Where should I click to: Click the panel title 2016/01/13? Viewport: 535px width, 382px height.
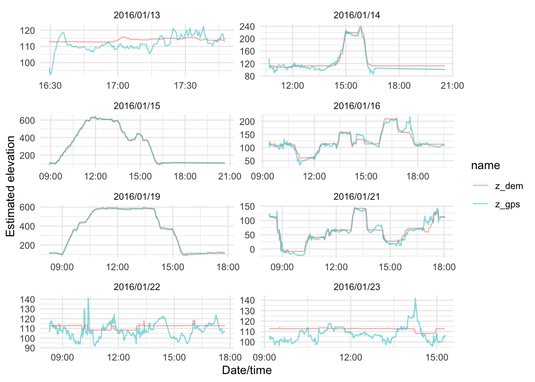(x=137, y=15)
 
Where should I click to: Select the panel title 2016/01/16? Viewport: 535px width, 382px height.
(x=357, y=106)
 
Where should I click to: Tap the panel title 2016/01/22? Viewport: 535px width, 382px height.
(x=137, y=287)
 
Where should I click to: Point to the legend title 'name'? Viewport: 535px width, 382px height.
(x=485, y=166)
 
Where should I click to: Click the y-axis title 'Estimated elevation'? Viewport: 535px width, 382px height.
(x=10, y=186)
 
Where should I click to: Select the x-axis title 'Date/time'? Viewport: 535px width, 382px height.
(x=247, y=370)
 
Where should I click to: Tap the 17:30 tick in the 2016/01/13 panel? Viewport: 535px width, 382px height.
(x=185, y=86)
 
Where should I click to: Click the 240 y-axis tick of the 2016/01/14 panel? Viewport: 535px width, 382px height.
(x=247, y=27)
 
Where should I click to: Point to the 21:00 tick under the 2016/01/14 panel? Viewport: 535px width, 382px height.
(x=452, y=86)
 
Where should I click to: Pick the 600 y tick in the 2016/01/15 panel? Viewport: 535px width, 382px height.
(x=27, y=120)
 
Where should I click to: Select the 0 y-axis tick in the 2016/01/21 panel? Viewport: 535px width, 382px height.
(x=252, y=249)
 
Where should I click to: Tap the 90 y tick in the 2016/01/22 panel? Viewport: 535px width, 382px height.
(x=29, y=348)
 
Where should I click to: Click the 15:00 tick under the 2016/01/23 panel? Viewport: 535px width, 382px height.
(x=437, y=357)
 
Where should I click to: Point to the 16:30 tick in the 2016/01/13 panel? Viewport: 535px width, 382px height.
(x=50, y=86)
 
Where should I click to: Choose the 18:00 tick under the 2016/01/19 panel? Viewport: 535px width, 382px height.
(x=228, y=267)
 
